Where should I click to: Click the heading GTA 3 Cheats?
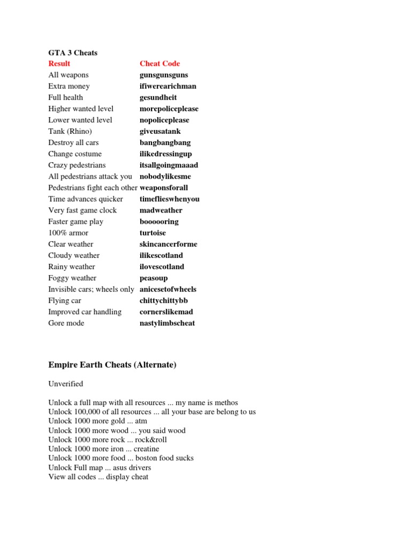click(73, 52)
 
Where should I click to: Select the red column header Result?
click(59, 64)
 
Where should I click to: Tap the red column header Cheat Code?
click(159, 64)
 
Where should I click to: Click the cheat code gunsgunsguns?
click(164, 75)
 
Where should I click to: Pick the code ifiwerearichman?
click(168, 86)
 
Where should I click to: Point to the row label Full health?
click(66, 97)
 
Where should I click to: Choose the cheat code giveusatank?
click(160, 131)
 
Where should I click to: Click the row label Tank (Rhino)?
click(70, 131)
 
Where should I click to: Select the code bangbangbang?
click(165, 142)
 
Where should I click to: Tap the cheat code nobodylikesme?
click(165, 176)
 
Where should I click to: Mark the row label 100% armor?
click(68, 233)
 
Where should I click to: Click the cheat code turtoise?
click(153, 233)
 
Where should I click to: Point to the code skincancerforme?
click(168, 244)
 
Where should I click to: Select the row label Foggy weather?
click(72, 278)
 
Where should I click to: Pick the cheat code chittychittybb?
click(164, 300)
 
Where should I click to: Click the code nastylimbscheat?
click(167, 323)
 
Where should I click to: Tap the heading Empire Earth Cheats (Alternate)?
click(112, 365)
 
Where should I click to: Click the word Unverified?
click(65, 384)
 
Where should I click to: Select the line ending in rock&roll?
click(108, 440)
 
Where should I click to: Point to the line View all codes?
click(98, 477)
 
